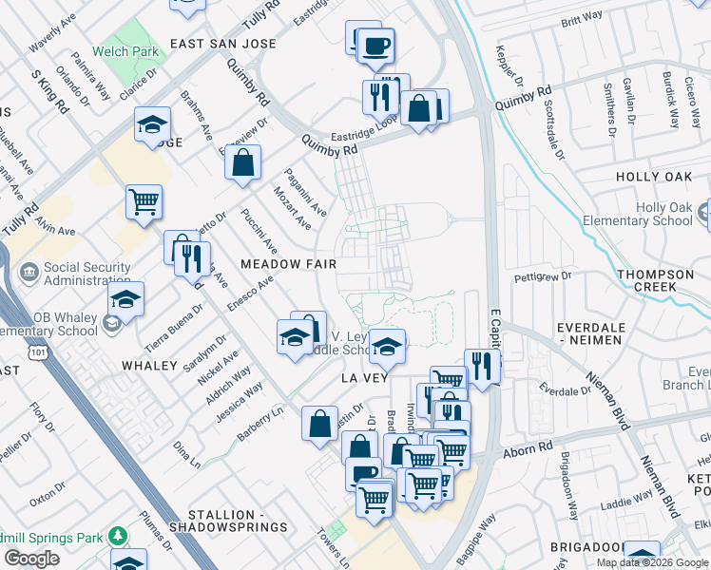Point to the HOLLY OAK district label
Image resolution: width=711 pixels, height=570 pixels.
click(654, 177)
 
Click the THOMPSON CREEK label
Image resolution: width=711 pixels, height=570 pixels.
click(655, 281)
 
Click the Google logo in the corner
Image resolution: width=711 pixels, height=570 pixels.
click(31, 558)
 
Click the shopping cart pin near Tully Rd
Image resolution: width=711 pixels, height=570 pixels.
click(144, 201)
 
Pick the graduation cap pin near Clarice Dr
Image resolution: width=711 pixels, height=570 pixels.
click(152, 125)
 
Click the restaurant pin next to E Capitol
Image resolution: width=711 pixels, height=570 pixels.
click(483, 366)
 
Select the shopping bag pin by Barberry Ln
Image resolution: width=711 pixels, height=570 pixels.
click(320, 422)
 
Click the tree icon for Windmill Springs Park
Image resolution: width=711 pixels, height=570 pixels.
click(118, 536)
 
